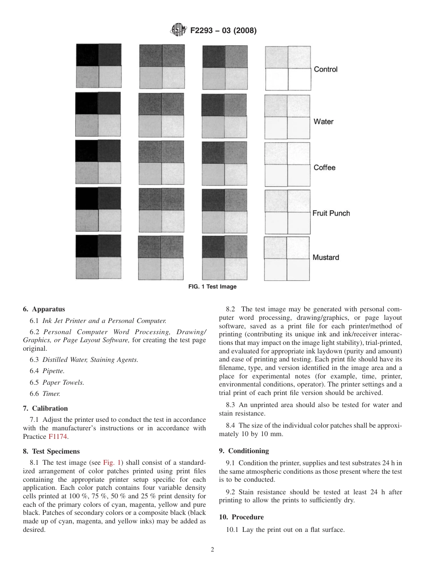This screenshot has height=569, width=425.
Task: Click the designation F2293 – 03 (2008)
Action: pos(223,31)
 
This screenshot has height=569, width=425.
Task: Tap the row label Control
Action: pos(326,69)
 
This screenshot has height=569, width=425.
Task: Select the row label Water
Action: pos(323,122)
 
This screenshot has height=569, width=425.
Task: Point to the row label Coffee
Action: pos(324,168)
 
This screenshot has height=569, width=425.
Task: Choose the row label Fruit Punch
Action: pos(331,213)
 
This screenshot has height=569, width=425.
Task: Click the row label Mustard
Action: pos(326,258)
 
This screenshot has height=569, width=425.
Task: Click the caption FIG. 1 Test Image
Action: pos(212,287)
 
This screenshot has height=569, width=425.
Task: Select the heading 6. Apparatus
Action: pos(44,309)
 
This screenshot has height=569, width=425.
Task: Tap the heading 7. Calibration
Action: pos(45,408)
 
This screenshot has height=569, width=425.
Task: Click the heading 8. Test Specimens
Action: pos(51,451)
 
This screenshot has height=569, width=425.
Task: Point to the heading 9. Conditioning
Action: pos(244,451)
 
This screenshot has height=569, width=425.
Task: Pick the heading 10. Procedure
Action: pos(241,517)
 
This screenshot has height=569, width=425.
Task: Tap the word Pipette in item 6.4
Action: pos(53,371)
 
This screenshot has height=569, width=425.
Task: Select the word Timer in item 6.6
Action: pos(51,394)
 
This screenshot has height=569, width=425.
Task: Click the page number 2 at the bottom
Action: pos(212,550)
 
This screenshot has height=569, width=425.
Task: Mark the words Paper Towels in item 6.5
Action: pos(63,382)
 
